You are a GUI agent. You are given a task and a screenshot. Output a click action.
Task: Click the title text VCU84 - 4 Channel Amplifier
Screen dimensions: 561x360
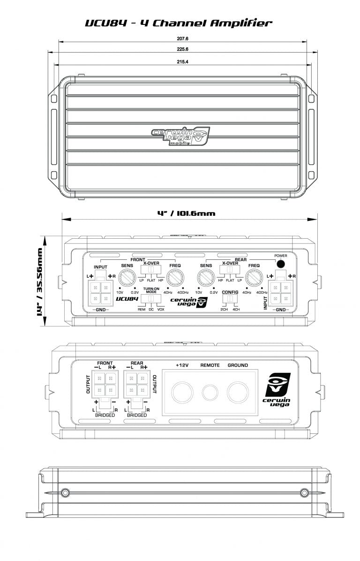178,23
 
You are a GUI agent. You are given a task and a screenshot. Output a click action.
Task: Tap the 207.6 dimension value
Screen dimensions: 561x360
183,40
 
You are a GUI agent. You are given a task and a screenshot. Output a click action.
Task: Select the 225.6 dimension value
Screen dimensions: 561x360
183,50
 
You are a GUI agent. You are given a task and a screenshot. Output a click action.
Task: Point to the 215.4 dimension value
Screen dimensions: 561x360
183,62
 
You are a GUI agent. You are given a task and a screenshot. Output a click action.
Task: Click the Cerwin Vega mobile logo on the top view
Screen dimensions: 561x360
180,137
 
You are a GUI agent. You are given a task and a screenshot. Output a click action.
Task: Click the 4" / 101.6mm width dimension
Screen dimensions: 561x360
186,213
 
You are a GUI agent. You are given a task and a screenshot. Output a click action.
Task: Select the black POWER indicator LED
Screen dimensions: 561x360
281,264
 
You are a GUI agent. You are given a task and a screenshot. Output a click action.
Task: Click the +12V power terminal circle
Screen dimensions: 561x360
181,390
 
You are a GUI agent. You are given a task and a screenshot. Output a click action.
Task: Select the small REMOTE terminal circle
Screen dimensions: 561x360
210,390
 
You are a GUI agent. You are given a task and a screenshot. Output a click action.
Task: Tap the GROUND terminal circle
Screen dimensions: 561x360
238,390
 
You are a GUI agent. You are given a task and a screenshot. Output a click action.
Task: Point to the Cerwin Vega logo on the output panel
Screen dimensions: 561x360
278,390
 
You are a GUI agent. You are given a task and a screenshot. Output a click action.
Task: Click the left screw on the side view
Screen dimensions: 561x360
65,492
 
